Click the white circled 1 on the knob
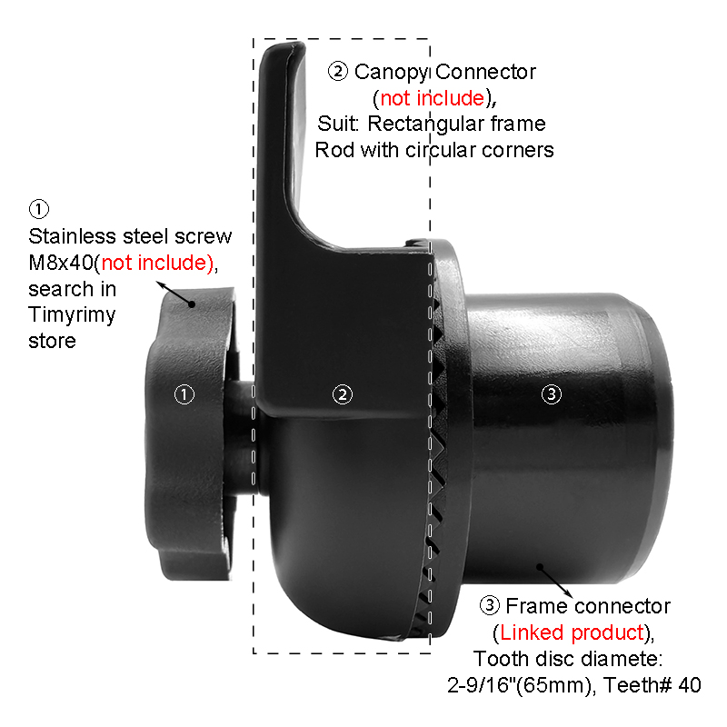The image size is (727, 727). tap(184, 394)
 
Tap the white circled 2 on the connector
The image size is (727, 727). tap(343, 394)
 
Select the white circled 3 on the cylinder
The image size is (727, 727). tap(552, 394)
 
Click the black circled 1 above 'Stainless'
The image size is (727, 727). tap(39, 209)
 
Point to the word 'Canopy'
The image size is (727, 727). tap(391, 73)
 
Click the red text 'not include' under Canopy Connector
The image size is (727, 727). tap(433, 98)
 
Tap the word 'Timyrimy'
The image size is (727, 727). tap(72, 315)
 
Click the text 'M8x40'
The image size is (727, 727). tap(61, 263)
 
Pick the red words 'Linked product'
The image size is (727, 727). tap(573, 632)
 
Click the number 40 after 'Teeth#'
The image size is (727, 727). tap(690, 685)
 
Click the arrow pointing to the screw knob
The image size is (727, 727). tap(174, 293)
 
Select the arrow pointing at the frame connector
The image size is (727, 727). tap(554, 581)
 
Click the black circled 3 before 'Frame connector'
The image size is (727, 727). tap(490, 605)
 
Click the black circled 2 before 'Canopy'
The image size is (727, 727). tap(338, 72)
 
